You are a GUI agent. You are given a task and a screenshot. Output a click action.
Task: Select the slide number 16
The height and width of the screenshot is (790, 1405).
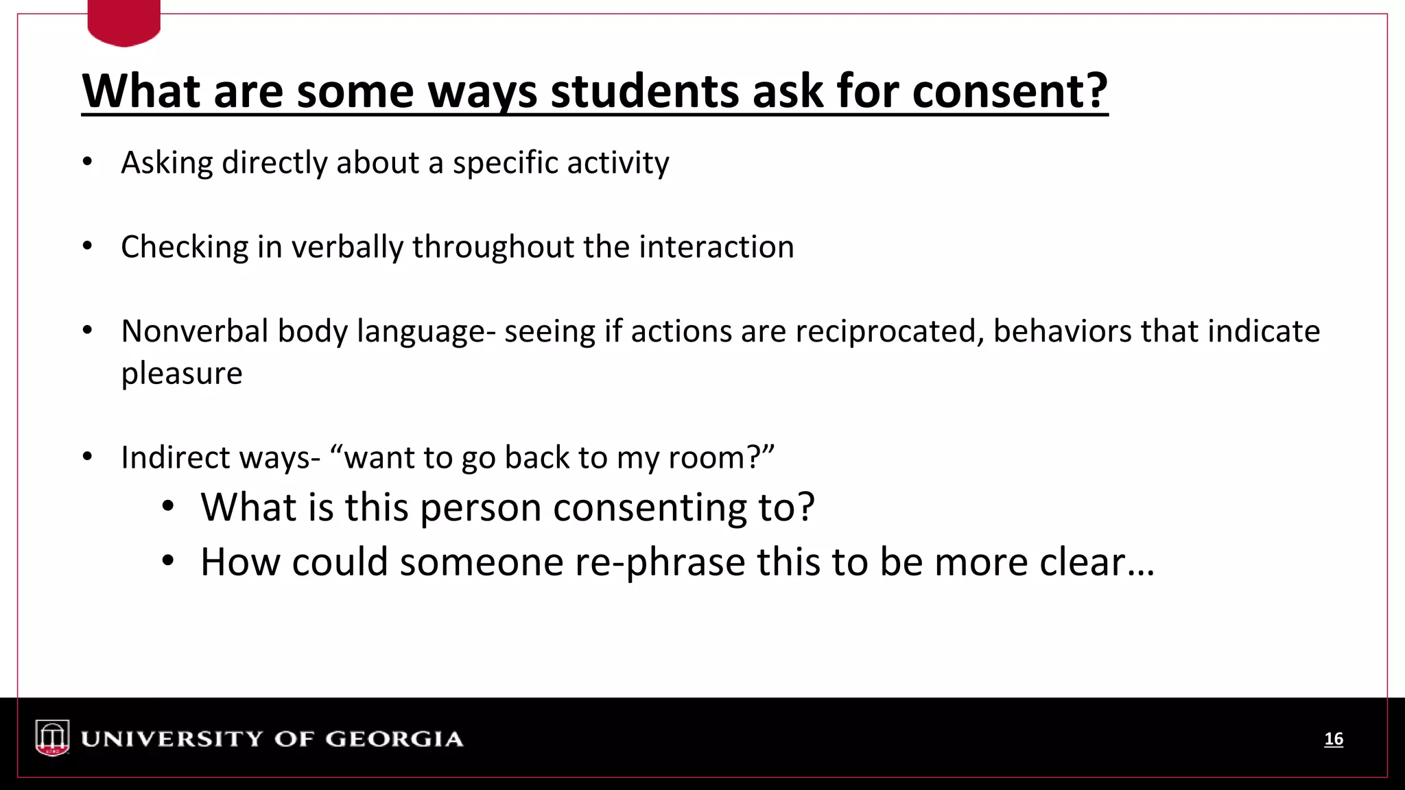coord(1333,739)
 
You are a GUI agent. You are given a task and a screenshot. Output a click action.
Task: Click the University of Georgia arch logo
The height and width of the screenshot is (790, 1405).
coord(53,738)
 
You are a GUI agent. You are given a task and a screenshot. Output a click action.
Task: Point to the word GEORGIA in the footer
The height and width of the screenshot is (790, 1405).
coord(394,739)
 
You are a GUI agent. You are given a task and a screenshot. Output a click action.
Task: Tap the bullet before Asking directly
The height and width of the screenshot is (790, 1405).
coord(87,163)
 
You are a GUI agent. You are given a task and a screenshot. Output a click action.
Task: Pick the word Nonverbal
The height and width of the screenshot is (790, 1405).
coord(195,331)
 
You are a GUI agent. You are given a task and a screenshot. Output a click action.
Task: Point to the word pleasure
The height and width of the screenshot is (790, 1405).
coord(182,374)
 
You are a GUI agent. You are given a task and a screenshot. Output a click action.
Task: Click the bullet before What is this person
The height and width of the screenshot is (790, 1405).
coord(168,507)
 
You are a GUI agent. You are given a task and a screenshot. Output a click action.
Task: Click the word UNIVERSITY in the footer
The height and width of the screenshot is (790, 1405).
coord(172,739)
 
